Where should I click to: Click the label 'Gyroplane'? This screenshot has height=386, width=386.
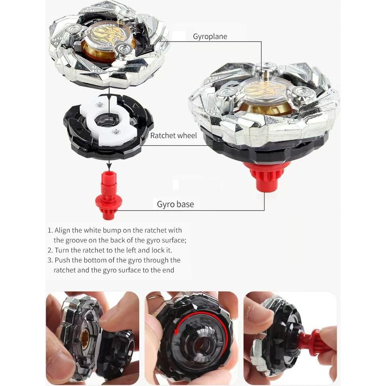[x=210, y=37]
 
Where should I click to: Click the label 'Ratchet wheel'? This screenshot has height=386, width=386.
[x=173, y=136]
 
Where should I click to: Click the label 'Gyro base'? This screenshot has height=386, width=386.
[x=175, y=204]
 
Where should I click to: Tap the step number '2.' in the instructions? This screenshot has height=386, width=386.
[x=50, y=250]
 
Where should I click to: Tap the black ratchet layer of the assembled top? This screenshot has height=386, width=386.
[x=265, y=146]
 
